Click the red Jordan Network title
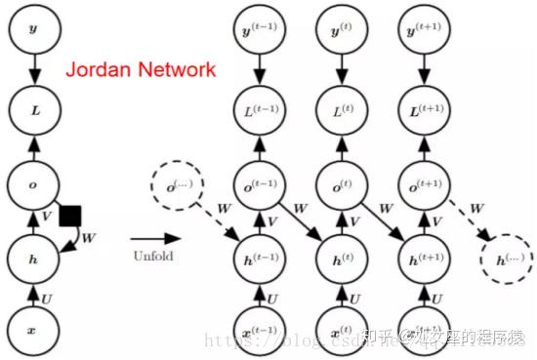coord(140,69)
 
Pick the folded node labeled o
coord(33,183)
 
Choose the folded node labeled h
coord(33,259)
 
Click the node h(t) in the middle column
coord(341,260)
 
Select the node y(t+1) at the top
coord(421,31)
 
